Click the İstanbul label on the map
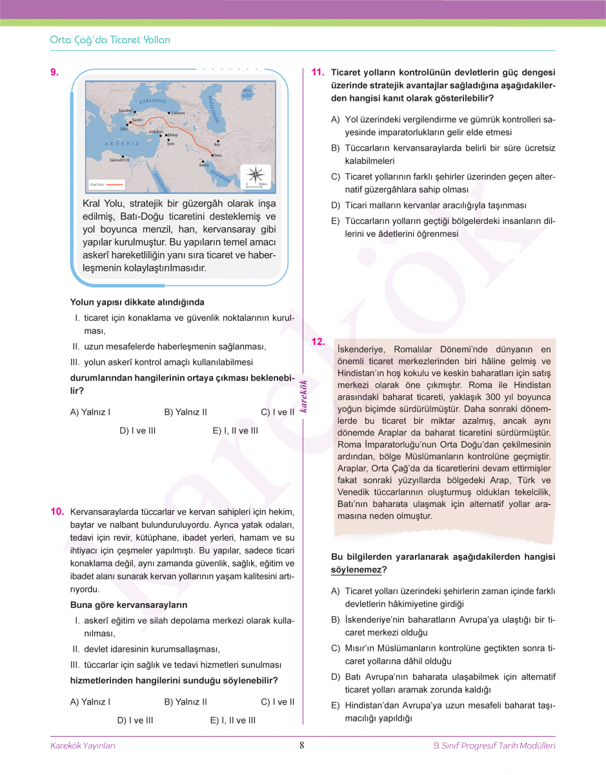pos(125,111)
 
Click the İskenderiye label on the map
pos(120,159)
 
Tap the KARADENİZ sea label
pos(153,101)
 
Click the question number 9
pos(55,72)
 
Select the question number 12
pos(318,342)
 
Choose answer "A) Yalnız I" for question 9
pos(90,412)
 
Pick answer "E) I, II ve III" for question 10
pos(233,720)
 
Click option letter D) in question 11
pos(336,205)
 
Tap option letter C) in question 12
pos(336,648)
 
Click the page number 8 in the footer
pos(301,745)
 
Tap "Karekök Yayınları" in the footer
pos(83,746)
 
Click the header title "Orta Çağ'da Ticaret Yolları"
pos(110,40)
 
